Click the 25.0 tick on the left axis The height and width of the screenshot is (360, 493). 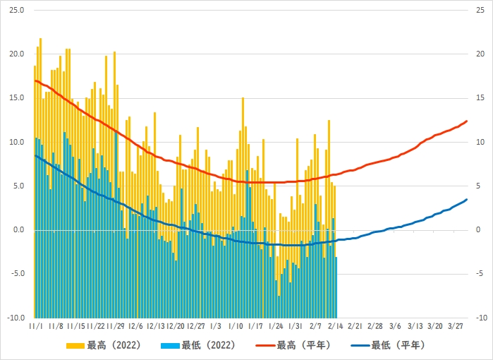[x=16, y=11]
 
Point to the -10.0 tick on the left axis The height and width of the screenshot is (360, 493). [x=15, y=318]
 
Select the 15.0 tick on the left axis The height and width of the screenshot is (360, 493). [x=16, y=98]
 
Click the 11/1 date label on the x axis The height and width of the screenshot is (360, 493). [x=37, y=327]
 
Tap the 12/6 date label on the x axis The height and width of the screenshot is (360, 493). [x=136, y=327]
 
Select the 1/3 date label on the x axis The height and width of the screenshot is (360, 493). [x=216, y=327]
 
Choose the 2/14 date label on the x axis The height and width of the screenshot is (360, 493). [x=336, y=327]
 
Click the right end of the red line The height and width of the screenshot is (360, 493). [x=467, y=121]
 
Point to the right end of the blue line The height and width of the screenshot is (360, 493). [x=467, y=200]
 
